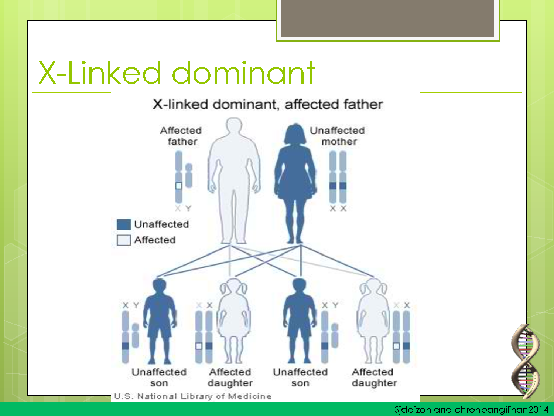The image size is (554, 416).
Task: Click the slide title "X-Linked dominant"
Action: tap(177, 72)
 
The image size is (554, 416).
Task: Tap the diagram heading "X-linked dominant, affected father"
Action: tap(268, 105)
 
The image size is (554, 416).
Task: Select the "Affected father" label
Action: tap(181, 136)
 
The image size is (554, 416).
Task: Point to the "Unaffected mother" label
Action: tap(338, 136)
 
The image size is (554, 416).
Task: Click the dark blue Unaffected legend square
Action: tap(123, 224)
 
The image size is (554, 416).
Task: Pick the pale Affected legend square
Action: tap(123, 240)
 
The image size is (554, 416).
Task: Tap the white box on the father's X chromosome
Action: tap(179, 186)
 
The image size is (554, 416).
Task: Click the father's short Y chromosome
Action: tap(189, 176)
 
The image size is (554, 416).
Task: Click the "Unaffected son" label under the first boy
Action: tap(159, 377)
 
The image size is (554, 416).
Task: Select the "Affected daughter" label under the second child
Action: tap(230, 377)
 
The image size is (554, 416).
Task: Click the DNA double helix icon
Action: tap(525, 361)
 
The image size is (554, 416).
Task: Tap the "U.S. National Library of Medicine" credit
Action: tap(193, 396)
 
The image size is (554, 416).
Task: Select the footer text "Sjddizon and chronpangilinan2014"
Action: tap(471, 409)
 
